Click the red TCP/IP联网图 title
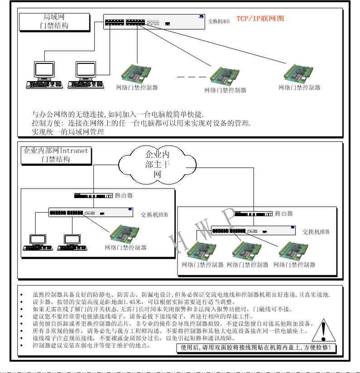pos(260,19)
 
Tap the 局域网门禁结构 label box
pos(53,21)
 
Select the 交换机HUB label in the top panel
pos(219,21)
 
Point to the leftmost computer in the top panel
pos(44,75)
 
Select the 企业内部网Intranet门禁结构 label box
pos(56,155)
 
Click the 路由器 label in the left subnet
pos(124,196)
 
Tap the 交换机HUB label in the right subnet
pos(316,232)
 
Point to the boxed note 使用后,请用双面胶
pos(256,348)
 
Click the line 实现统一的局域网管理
pos(67,132)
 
